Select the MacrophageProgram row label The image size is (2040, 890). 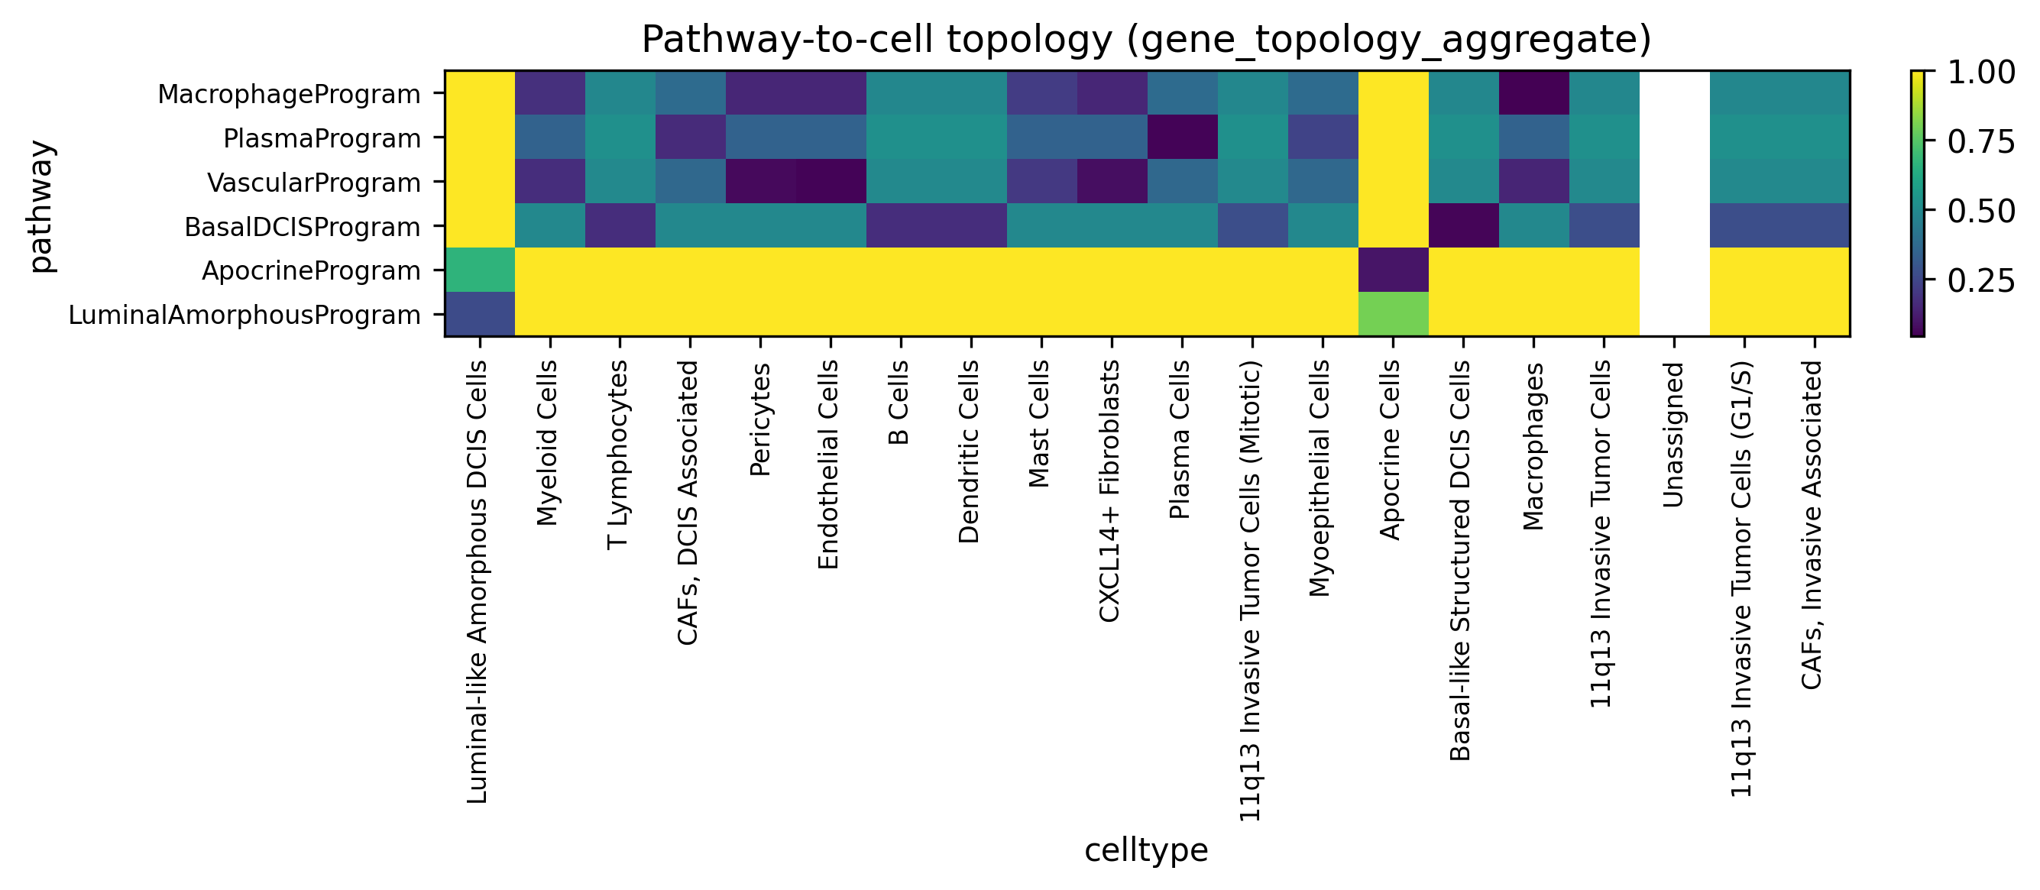coord(289,93)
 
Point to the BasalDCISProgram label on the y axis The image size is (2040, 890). coord(303,226)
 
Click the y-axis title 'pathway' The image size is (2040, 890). coord(41,205)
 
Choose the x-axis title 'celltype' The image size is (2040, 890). coord(1146,850)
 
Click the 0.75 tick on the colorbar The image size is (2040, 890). coord(1980,142)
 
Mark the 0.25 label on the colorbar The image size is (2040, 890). coord(1980,280)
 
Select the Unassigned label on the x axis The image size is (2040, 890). coord(1672,434)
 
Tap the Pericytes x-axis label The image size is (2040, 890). coord(759,419)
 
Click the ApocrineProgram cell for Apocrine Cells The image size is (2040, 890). coord(1393,270)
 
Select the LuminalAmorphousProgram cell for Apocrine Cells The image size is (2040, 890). coord(1393,314)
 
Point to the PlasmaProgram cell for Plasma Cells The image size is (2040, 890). coord(1182,137)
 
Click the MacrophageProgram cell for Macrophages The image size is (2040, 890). coord(1534,92)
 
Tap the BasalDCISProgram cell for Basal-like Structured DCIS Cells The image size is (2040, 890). coord(1463,225)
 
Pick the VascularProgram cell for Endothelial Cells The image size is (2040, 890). coord(831,181)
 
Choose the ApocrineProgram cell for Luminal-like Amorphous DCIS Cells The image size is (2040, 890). coord(480,270)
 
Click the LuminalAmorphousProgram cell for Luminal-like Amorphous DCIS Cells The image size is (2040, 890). coord(480,314)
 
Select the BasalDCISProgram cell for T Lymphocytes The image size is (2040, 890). coord(620,225)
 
